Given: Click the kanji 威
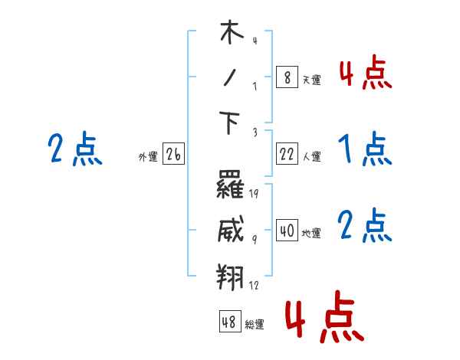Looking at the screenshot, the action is click(x=231, y=230).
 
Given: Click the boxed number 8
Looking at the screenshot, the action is click(x=287, y=77).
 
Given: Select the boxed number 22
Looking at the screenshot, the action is click(x=287, y=154).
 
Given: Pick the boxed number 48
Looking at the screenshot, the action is click(x=229, y=322).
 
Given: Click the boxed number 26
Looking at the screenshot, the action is click(x=173, y=154).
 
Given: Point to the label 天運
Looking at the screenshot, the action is click(x=311, y=80).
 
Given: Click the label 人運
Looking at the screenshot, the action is click(x=311, y=156).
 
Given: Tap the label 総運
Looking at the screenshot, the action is click(x=254, y=324).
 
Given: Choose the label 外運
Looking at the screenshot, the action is click(x=147, y=156).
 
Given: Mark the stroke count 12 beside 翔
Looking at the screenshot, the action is click(x=254, y=285).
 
